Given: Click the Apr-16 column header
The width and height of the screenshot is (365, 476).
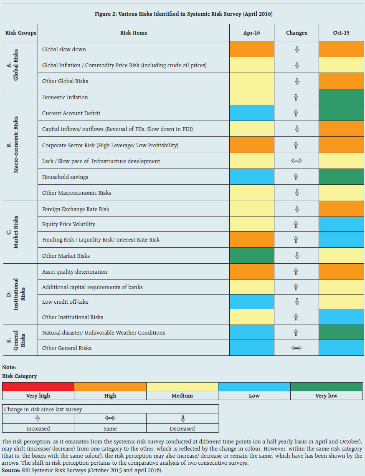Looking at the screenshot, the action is pyautogui.click(x=252, y=33).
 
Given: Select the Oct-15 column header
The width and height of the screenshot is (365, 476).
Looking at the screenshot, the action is pyautogui.click(x=341, y=33).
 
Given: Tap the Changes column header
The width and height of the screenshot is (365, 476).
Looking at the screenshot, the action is pyautogui.click(x=297, y=33).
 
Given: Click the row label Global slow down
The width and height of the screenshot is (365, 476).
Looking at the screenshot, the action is pyautogui.click(x=64, y=49).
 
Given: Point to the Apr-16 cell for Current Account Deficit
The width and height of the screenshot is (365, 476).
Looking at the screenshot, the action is pyautogui.click(x=252, y=113).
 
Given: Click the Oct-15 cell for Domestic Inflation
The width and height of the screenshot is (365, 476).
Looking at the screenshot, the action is pyautogui.click(x=341, y=97).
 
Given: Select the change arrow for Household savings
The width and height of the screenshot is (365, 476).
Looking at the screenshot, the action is pyautogui.click(x=296, y=177).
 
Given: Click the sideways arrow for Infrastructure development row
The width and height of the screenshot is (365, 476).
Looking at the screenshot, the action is pyautogui.click(x=297, y=161).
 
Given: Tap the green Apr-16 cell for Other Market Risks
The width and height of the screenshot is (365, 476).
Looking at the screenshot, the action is pyautogui.click(x=252, y=256).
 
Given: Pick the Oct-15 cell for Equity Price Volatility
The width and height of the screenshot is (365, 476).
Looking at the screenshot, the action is pyautogui.click(x=341, y=224).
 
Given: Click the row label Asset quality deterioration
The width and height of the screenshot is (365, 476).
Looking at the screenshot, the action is pyautogui.click(x=74, y=272).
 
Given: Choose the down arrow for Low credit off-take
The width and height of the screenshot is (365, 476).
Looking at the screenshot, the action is pyautogui.click(x=297, y=302).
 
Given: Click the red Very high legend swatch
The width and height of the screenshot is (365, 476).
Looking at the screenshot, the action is pyautogui.click(x=38, y=387).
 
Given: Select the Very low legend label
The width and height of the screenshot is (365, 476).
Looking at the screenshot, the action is pyautogui.click(x=326, y=395).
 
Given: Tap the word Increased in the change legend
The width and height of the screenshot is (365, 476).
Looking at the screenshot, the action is pyautogui.click(x=38, y=428).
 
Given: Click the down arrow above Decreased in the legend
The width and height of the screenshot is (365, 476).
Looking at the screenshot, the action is pyautogui.click(x=182, y=419).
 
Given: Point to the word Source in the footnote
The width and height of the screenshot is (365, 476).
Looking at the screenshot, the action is pyautogui.click(x=10, y=470).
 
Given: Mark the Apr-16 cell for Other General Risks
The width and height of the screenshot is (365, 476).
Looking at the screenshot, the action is pyautogui.click(x=252, y=348).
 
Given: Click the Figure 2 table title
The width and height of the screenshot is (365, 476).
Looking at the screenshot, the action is pyautogui.click(x=184, y=14).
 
